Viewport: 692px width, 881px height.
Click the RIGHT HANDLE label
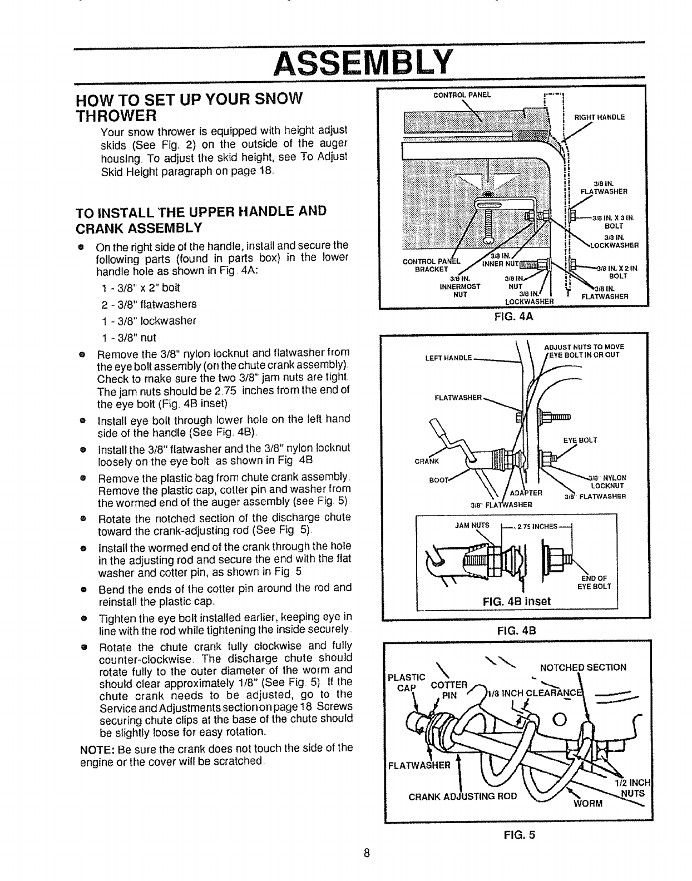[x=599, y=117]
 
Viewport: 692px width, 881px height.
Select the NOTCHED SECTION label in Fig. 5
[x=584, y=667]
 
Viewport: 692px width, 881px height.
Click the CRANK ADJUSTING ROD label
[x=463, y=796]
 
